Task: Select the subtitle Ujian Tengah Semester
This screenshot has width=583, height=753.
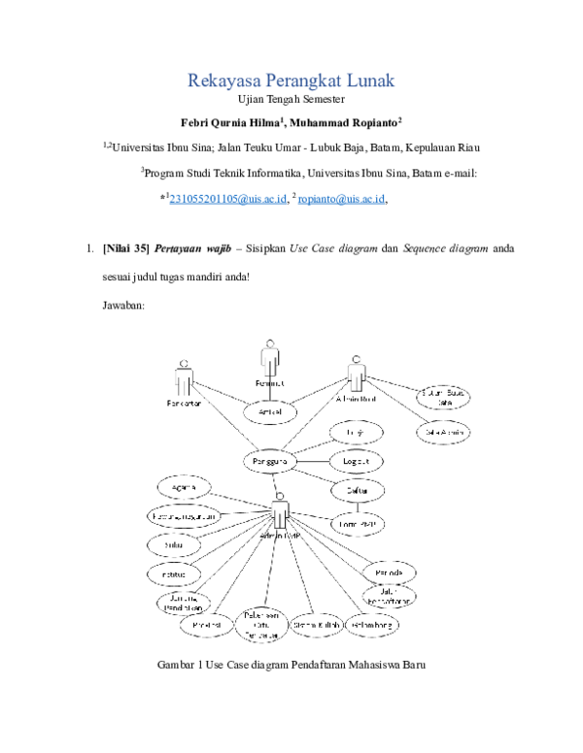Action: pos(291,100)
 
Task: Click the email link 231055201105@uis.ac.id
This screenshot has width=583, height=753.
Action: pos(227,199)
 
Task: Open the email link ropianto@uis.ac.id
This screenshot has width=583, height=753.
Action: pos(342,199)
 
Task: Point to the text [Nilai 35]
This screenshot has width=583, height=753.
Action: pos(124,249)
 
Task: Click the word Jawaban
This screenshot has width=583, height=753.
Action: pos(123,306)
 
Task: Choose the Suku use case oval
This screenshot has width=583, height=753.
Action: pos(176,545)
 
